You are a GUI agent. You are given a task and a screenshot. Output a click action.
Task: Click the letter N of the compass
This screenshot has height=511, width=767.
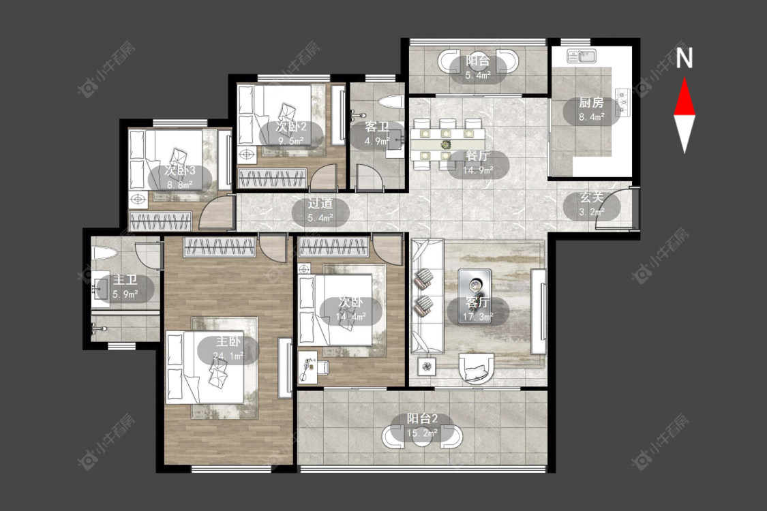click(x=685, y=58)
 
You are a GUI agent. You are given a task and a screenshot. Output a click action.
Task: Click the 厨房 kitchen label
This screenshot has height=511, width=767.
click(x=591, y=103)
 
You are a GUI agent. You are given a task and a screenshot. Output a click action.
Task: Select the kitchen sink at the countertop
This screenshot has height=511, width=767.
click(x=581, y=57)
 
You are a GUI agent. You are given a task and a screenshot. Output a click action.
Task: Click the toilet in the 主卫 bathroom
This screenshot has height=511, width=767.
click(x=104, y=253)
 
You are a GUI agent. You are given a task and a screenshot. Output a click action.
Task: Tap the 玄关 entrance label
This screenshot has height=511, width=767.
click(x=591, y=198)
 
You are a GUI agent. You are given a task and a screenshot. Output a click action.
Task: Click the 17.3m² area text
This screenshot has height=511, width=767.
click(x=478, y=317)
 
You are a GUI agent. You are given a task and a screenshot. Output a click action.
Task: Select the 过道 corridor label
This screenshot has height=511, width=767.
click(x=320, y=204)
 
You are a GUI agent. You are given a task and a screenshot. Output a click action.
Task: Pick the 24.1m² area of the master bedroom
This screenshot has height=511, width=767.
click(x=228, y=356)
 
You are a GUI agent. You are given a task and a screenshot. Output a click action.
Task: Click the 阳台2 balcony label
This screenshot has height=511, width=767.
click(x=422, y=418)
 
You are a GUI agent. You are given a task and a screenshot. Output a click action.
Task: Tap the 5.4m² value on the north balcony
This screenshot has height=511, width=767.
click(x=478, y=76)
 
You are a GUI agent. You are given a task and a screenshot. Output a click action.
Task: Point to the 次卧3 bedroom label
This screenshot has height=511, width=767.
click(x=179, y=170)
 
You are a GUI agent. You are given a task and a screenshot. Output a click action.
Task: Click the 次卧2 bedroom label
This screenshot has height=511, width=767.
click(x=291, y=127)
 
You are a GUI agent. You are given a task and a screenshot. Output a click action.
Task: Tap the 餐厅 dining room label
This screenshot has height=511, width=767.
click(x=477, y=156)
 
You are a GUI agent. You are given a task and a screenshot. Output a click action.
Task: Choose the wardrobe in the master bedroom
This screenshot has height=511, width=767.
click(x=220, y=247)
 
